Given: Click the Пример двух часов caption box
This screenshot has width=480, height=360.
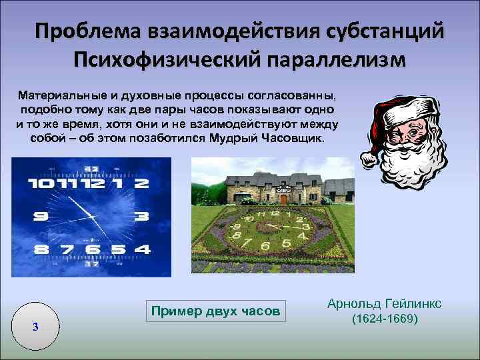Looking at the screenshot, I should pos(216,311).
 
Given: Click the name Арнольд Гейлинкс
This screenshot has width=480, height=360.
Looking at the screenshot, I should pos(384,304).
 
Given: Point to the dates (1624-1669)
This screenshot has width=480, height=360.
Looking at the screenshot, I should pos(384,319).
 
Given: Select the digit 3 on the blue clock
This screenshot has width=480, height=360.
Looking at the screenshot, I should pos(141,216).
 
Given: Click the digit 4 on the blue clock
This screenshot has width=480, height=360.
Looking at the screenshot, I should pos(141,250).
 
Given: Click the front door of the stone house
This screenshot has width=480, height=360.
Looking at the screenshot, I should pos(283,198).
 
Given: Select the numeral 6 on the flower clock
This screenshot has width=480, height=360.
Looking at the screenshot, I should pos(265,246).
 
